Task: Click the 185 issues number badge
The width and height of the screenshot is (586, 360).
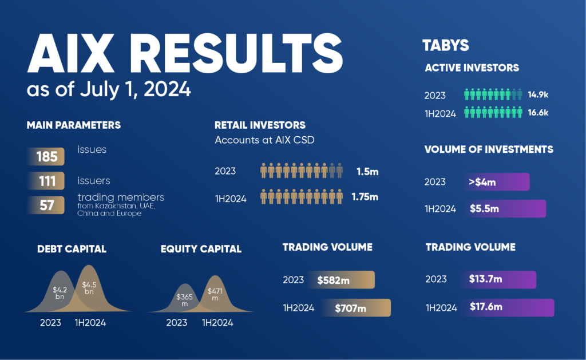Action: (x=46, y=156)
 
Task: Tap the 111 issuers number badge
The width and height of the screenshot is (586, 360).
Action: (x=46, y=181)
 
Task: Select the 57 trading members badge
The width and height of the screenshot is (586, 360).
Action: (x=46, y=205)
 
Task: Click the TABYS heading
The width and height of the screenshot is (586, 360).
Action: (x=445, y=46)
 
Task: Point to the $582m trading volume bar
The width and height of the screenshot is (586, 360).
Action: (x=341, y=280)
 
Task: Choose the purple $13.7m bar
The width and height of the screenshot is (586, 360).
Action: (x=498, y=279)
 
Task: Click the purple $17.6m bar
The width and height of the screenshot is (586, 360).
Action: (x=508, y=307)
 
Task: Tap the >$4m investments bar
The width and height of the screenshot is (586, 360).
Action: (x=496, y=181)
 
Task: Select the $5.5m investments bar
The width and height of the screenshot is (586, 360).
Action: (x=505, y=208)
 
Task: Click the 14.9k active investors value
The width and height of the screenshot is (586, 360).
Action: (x=538, y=94)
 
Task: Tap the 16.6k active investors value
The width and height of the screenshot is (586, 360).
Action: (x=538, y=113)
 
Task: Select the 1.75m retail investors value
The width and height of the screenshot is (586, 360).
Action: (x=365, y=197)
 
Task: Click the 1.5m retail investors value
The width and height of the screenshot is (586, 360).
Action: (x=367, y=172)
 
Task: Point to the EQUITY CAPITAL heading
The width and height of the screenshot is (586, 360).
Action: (x=201, y=249)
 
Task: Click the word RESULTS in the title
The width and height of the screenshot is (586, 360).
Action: (x=236, y=53)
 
